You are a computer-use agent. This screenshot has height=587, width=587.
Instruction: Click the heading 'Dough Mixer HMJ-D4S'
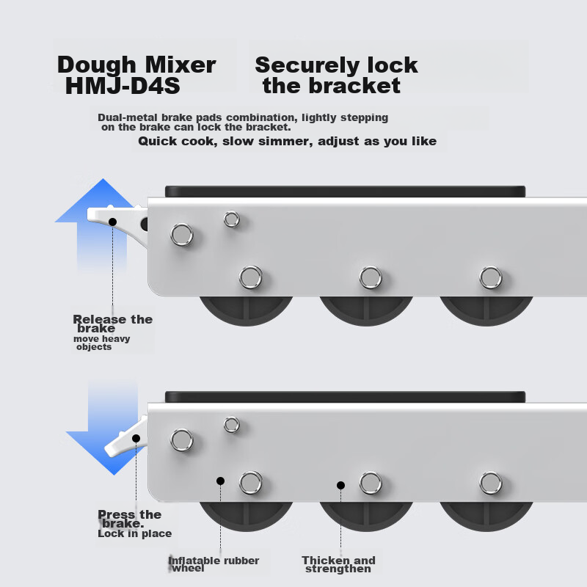(x=136, y=75)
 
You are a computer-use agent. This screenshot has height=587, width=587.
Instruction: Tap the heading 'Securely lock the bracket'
(x=335, y=75)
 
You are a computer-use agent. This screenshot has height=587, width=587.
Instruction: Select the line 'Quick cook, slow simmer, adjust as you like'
(x=287, y=141)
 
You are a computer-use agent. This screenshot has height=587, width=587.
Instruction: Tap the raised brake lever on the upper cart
(x=114, y=215)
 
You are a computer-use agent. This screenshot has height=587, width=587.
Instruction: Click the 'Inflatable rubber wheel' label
(x=214, y=564)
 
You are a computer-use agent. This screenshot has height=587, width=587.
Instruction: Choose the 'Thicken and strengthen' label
(x=338, y=564)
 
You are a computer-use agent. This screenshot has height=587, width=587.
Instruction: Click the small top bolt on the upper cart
(x=232, y=219)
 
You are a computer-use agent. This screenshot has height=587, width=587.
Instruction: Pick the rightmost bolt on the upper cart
(x=491, y=277)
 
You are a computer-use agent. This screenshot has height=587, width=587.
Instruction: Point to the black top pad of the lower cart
(x=345, y=396)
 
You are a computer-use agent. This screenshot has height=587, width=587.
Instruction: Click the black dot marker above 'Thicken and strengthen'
(x=340, y=485)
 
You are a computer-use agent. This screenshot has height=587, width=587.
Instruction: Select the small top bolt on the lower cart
(x=232, y=424)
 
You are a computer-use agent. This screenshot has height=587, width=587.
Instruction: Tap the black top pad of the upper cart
(x=345, y=191)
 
